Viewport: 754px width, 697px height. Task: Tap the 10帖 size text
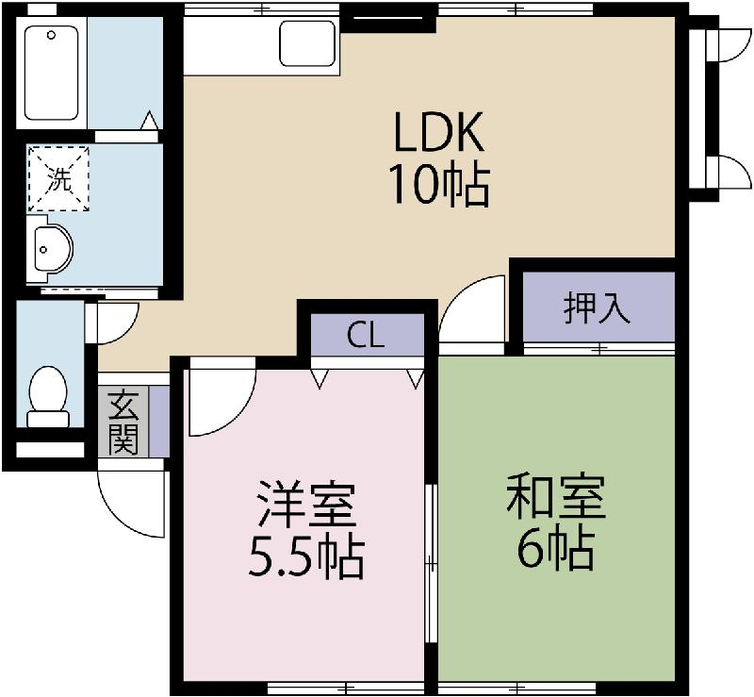(x=438, y=187)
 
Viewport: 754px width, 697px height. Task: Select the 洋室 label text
(x=305, y=507)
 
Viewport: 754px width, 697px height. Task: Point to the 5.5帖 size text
(x=305, y=557)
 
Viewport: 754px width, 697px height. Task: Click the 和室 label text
(x=555, y=498)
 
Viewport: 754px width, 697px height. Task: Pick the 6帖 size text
(x=555, y=549)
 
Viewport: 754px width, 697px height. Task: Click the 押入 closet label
(x=597, y=308)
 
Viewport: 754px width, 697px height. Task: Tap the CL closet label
(x=365, y=336)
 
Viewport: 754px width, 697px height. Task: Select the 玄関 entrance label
(x=123, y=422)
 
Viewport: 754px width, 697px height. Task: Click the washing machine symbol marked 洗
(x=59, y=178)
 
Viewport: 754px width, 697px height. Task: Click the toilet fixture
(x=47, y=396)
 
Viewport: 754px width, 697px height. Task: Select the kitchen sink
(x=307, y=43)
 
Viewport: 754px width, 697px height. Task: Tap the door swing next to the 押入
(x=476, y=311)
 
